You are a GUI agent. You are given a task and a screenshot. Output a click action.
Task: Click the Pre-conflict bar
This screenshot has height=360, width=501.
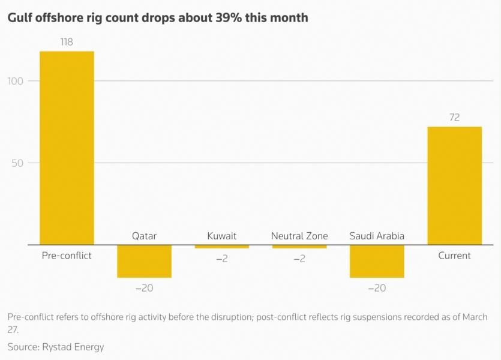coord(67,148)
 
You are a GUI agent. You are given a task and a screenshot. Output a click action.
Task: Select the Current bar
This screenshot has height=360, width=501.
coord(454,185)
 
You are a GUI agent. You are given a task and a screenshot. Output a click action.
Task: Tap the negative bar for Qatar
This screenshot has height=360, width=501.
coord(144,261)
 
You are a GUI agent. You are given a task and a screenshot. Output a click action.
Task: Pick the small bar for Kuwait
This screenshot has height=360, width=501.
coord(221,247)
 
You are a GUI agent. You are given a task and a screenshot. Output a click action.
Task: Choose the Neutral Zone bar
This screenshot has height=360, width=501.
coord(299,247)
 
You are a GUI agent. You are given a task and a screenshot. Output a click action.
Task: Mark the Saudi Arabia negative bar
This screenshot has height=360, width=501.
coord(377,261)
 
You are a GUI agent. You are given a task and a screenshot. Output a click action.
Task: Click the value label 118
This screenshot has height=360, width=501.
coord(67,43)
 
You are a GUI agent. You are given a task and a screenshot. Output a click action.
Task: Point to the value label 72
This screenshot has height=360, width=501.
coord(454,118)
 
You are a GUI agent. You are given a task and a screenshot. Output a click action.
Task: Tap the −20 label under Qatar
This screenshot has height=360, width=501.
coord(144,288)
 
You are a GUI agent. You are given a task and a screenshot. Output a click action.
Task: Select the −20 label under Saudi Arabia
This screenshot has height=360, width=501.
coord(377,288)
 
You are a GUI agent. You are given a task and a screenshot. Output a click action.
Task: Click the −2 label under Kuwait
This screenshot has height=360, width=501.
coord(221,259)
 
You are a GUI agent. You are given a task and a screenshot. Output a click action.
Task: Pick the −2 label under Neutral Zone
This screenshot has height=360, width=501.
coord(299,259)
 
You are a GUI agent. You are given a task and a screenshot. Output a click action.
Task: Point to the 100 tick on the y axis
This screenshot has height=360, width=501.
coord(16,81)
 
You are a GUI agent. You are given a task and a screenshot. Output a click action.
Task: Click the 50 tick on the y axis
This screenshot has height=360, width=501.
coord(18,163)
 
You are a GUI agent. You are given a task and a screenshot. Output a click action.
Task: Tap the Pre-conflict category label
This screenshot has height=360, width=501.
coord(67,256)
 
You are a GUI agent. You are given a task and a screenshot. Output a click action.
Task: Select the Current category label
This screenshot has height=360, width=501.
coord(454,256)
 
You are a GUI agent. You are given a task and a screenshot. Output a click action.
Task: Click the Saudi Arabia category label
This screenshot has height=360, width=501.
coord(377,236)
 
